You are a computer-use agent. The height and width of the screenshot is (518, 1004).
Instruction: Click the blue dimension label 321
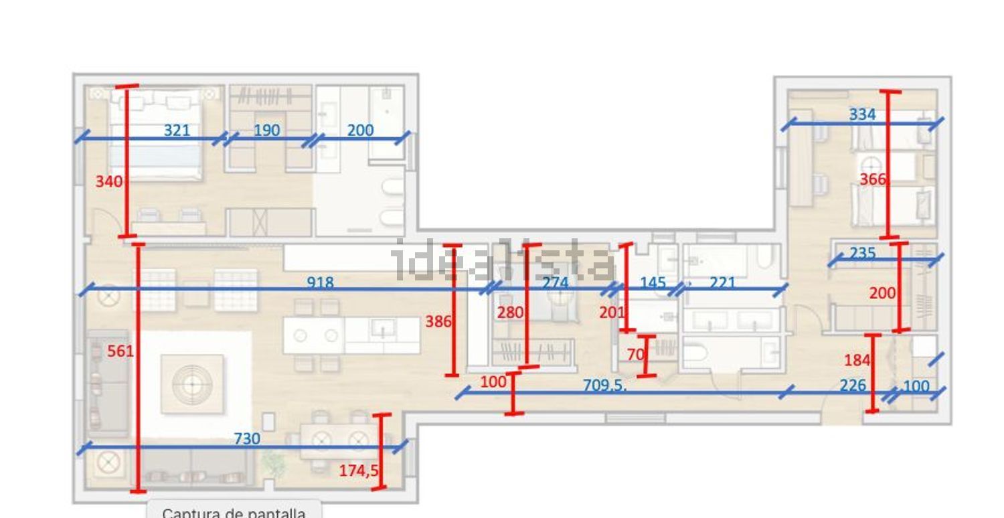[x=177, y=131]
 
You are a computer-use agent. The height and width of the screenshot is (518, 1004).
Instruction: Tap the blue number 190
[x=266, y=131]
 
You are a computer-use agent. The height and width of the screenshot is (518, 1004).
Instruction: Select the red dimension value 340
[x=109, y=181]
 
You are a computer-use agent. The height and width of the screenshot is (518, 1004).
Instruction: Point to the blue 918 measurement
[x=320, y=282]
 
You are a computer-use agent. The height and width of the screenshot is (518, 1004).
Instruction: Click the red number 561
[x=120, y=351]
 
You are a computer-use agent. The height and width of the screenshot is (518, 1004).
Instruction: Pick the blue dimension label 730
[x=247, y=438]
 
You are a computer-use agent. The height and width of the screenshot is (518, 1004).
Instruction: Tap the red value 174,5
[x=359, y=470]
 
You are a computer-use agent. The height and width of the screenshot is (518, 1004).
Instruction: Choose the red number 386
[x=438, y=321]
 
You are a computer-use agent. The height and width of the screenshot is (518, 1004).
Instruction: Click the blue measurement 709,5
[x=604, y=385]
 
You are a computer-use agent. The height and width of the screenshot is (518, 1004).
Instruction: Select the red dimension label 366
[x=873, y=179]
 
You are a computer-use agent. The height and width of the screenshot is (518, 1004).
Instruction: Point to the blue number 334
[x=862, y=114]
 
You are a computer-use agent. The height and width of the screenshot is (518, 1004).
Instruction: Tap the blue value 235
[x=863, y=253]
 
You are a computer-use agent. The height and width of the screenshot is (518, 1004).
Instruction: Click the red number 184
[x=857, y=360]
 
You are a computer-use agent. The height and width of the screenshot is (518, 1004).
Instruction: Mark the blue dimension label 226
[x=853, y=385]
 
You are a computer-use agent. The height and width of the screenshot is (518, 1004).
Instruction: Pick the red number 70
[x=636, y=355]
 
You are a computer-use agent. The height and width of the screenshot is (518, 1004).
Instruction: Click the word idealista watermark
[x=502, y=261]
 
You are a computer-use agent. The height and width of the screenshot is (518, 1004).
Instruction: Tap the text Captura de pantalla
[x=234, y=512]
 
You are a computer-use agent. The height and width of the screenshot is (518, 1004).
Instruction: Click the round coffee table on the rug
[x=192, y=384]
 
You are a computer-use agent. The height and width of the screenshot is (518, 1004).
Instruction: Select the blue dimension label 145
[x=653, y=282]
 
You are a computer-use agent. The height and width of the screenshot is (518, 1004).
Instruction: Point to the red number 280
[x=510, y=313]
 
